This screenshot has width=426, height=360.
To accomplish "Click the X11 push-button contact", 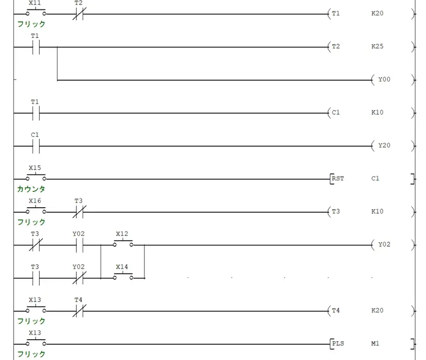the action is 36,12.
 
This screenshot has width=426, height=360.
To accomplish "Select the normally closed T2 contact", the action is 79,14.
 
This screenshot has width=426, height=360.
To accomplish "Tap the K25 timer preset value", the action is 377,46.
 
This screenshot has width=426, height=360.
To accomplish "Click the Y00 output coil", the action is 384,79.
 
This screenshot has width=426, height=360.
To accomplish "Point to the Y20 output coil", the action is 384,145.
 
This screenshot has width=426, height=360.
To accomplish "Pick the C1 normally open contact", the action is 36,146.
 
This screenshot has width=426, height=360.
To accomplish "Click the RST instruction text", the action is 338,179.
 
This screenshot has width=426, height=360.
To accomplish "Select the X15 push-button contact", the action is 36,178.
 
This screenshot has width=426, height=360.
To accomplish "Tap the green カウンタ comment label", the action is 31,189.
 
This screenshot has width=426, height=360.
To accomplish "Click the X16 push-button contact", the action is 36,210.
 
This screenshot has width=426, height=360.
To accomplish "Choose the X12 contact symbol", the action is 123,243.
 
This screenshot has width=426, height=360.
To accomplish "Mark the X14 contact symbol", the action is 123,277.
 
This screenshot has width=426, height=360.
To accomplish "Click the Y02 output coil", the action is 384,244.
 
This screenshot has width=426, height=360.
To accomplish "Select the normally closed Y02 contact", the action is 79,278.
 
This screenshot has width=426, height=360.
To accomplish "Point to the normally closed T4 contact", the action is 79,311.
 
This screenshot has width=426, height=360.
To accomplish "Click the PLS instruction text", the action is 338,344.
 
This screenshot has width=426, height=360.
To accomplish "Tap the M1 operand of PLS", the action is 375,344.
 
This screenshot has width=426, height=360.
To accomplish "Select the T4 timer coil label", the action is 335,310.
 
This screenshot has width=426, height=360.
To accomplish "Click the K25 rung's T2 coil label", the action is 335,46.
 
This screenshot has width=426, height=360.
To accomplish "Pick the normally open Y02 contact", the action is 79,245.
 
